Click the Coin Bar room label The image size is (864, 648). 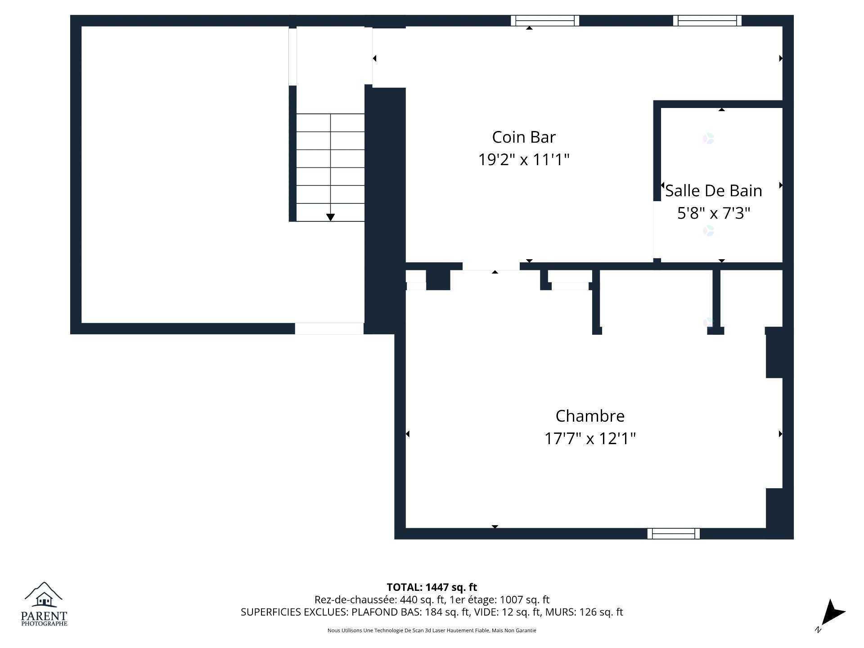point(523,137)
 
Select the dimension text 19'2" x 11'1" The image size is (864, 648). point(523,160)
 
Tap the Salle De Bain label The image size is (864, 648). point(713,191)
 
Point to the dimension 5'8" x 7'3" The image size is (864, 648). point(713,213)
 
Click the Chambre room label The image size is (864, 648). point(589,416)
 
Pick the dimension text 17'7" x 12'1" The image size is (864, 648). point(589,438)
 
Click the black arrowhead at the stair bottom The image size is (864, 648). point(330,217)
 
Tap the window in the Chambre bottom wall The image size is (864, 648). point(673,534)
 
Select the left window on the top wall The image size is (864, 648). point(544,21)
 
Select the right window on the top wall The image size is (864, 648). point(707,21)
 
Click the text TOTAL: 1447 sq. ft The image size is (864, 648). point(432,587)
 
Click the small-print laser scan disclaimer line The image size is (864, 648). point(432,630)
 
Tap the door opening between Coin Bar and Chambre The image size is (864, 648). point(491,266)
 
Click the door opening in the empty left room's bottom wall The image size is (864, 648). point(329,328)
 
